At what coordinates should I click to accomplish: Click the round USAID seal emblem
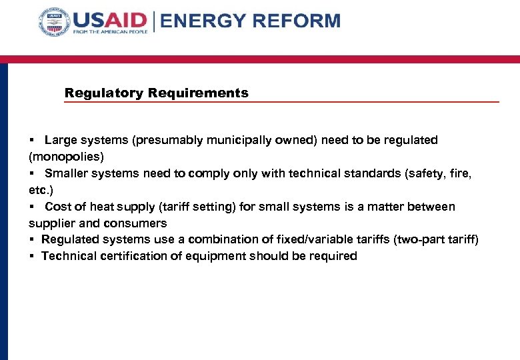point(54,23)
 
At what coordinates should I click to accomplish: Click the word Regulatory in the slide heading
point(104,93)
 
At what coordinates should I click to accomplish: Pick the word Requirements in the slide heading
point(198,93)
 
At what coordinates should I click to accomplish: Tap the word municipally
point(227,140)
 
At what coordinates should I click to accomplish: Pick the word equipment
point(213,256)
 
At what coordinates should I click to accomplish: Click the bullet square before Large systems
point(32,141)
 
